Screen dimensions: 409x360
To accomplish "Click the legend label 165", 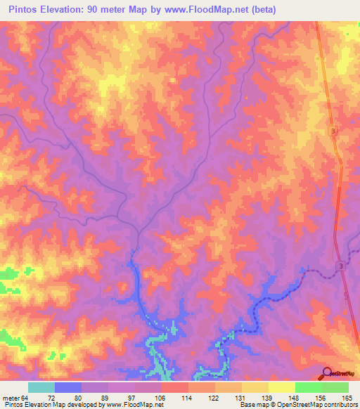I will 348,397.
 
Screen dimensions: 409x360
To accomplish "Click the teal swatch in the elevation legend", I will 41,387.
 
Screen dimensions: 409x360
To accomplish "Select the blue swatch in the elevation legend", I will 68,387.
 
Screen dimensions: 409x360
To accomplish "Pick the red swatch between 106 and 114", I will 175,387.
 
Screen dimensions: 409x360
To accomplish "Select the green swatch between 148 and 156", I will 308,387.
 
